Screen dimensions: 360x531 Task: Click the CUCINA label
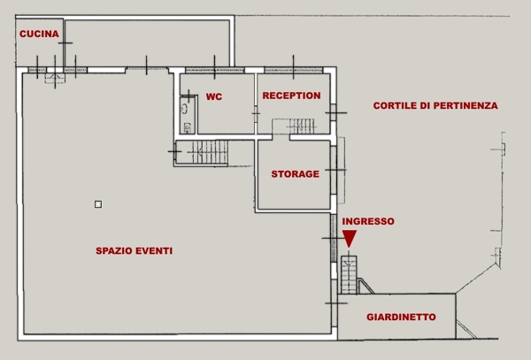point(38,34)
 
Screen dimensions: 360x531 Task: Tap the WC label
point(213,97)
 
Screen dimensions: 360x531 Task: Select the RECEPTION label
point(291,96)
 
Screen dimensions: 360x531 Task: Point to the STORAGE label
point(295,174)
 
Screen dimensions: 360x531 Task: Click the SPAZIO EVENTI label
point(134,251)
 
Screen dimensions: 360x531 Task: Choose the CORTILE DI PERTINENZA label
point(435,105)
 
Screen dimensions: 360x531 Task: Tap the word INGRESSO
point(367,221)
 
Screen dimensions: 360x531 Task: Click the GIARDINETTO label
point(401,317)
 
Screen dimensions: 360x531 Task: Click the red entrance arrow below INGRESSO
point(350,238)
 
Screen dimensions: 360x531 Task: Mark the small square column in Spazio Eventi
point(98,204)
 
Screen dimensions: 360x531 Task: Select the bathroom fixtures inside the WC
point(185,117)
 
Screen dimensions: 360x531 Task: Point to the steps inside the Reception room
point(296,126)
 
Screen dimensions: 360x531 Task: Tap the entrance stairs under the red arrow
point(349,275)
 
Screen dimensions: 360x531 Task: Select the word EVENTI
point(153,251)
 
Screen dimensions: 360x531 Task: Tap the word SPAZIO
point(113,251)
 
